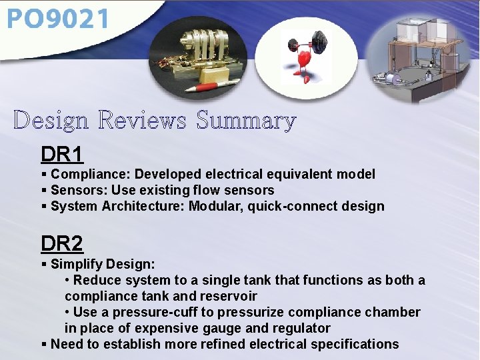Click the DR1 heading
pos(62,155)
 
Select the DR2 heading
pos(62,243)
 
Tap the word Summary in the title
pos(245,121)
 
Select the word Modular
pos(215,207)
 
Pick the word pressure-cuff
pos(155,312)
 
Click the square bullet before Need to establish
pos(44,344)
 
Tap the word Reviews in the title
pos(144,121)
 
